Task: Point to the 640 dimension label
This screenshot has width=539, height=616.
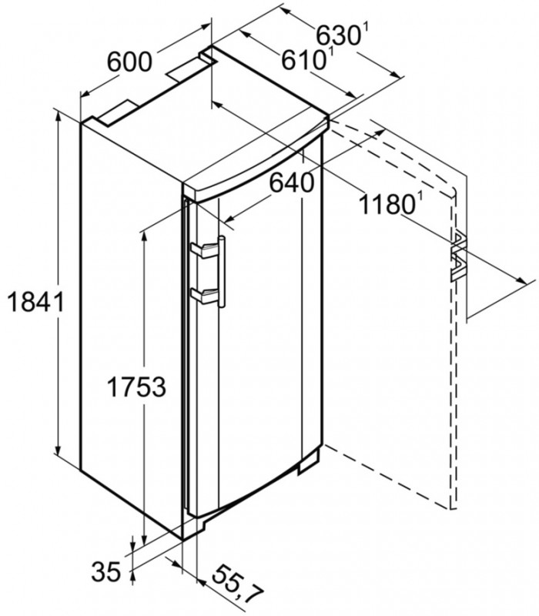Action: (292, 182)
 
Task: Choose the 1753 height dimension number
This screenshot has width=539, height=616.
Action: (136, 387)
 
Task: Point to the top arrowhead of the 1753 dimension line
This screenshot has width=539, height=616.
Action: (144, 232)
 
